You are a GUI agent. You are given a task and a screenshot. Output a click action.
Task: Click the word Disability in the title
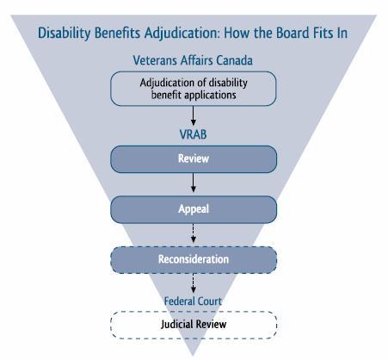(x=65, y=34)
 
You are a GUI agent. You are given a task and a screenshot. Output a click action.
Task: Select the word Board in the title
(x=293, y=33)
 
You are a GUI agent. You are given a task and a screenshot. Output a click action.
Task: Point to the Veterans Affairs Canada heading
(x=193, y=60)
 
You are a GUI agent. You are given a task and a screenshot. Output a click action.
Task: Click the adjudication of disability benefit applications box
(x=194, y=89)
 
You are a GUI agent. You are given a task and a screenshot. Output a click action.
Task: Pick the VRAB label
(x=193, y=134)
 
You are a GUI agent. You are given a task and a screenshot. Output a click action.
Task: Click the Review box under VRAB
(x=194, y=159)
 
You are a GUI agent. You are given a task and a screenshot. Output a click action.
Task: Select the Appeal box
(x=194, y=209)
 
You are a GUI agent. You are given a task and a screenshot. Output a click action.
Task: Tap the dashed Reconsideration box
(x=194, y=259)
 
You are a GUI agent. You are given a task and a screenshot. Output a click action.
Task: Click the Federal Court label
(x=193, y=301)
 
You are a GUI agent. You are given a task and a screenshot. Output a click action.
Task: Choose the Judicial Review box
(x=194, y=325)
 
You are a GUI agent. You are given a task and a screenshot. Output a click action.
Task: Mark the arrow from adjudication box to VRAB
(x=194, y=115)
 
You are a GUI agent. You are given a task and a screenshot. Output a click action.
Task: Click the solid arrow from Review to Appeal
(x=194, y=183)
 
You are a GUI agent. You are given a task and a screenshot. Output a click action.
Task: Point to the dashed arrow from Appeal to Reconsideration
(x=194, y=233)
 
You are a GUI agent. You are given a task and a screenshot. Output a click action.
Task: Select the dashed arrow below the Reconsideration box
(x=194, y=283)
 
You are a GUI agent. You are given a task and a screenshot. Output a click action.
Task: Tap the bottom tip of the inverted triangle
(x=193, y=357)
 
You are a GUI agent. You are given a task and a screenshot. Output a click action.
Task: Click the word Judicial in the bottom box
(x=176, y=325)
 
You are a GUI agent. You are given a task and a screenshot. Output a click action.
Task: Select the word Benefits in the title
(x=117, y=33)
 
